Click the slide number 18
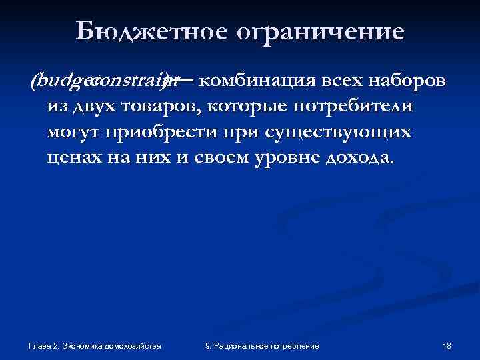pos(447,346)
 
